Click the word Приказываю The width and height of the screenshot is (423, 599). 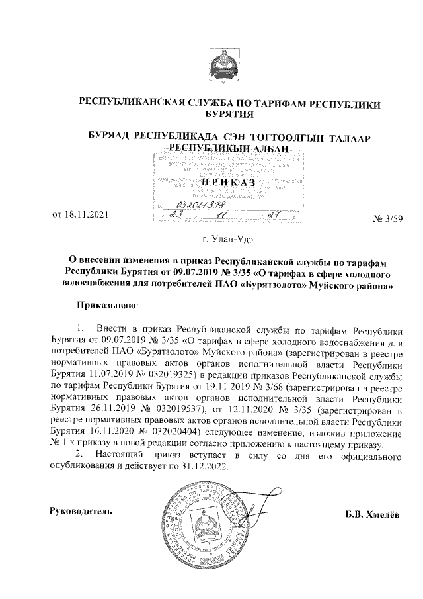click(x=106, y=306)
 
